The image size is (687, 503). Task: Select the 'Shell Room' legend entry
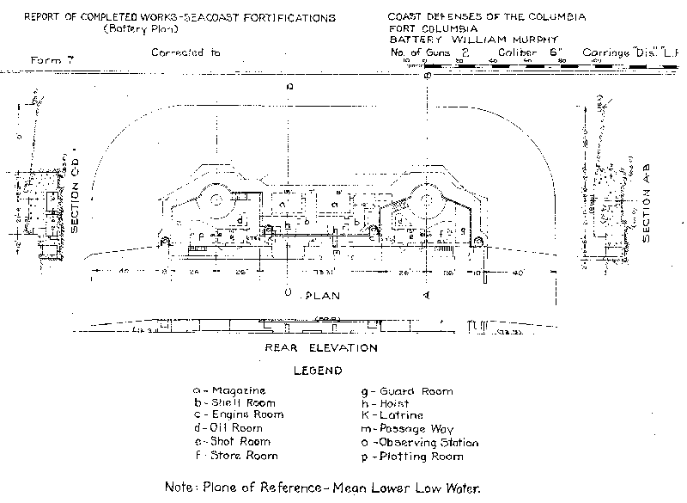coord(232,403)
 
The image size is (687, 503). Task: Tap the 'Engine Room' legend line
coord(235,416)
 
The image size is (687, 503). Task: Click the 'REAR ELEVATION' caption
coord(320,348)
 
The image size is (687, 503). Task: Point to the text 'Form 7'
coord(48,61)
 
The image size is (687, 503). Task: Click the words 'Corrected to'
coord(185,52)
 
